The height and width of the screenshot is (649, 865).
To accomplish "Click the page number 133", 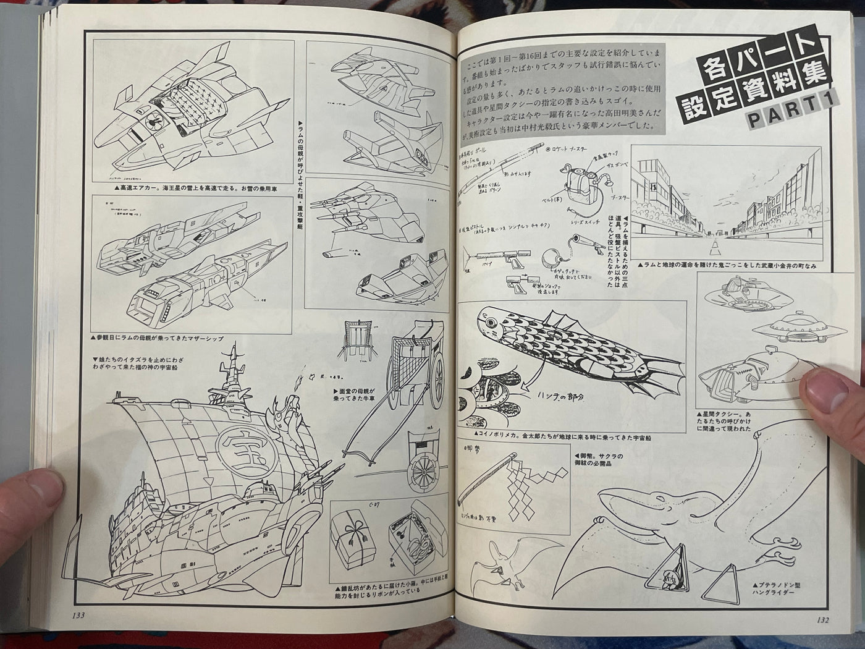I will [78, 614].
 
